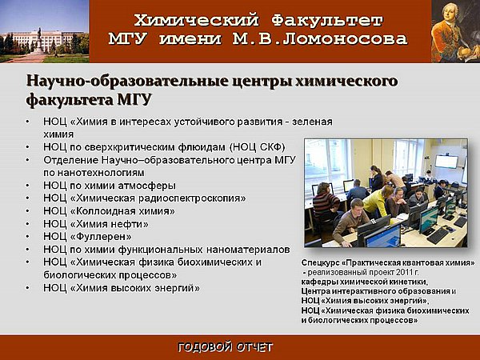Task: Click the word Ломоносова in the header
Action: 345,39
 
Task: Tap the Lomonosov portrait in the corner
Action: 455,31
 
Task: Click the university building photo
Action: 45,31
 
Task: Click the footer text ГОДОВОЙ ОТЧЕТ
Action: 226,347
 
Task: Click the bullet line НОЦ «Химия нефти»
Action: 96,224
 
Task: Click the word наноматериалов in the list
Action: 248,250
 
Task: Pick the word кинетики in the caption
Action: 411,282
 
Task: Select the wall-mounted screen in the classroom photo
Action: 446,162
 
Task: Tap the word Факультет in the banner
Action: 327,21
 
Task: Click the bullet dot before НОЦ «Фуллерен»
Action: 28,237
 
